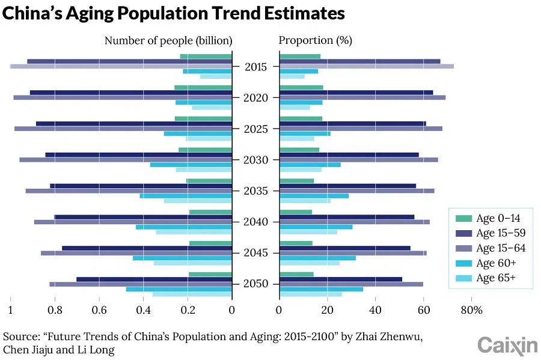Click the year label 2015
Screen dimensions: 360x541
coord(255,67)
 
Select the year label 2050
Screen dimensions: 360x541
coord(255,284)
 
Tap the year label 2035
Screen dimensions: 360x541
coord(255,191)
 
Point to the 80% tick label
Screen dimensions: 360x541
coord(472,310)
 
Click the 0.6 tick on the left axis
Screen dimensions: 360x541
coord(99,310)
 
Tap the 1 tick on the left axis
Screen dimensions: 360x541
coord(10,310)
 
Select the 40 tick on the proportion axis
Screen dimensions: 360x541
coord(375,310)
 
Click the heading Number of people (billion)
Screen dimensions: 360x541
coord(168,41)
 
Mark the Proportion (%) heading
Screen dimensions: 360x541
coord(316,41)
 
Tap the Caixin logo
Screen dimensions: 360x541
coord(507,345)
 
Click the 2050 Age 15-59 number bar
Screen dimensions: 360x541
coord(154,279)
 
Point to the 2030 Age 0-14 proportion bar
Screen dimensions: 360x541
coord(299,150)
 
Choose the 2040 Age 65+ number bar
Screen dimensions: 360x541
coord(194,232)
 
